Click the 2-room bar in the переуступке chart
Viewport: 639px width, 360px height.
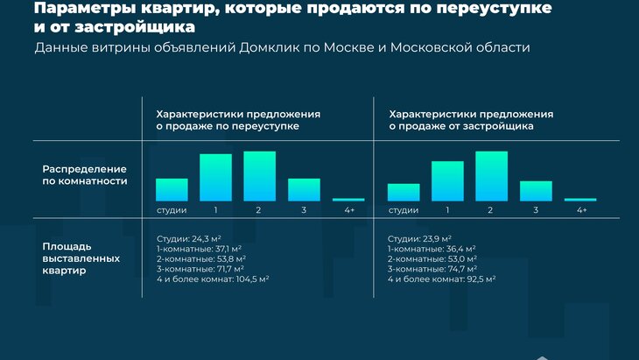point(260,176)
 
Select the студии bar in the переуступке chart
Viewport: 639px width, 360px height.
point(172,189)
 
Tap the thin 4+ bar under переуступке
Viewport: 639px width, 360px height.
point(348,200)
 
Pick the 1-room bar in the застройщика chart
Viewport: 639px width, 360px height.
point(447,181)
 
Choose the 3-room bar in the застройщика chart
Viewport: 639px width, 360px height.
point(536,191)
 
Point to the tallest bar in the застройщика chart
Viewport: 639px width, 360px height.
point(491,176)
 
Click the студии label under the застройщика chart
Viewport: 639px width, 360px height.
point(403,210)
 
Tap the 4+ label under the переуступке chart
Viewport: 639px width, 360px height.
point(349,210)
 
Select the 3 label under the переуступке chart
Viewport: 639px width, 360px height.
point(304,210)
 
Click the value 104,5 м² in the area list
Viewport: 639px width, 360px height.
point(252,279)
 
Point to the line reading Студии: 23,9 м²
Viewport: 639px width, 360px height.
point(419,238)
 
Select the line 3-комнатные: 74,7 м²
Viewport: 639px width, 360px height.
point(432,269)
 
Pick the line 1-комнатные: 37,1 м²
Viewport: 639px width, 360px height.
point(199,249)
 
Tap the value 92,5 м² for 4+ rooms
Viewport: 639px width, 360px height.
point(481,279)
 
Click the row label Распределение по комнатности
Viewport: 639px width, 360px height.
point(85,175)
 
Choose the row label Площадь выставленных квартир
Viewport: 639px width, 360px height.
point(81,258)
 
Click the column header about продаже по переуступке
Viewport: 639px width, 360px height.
point(238,120)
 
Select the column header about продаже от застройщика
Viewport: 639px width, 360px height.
point(471,120)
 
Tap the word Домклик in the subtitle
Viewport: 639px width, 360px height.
point(269,47)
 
